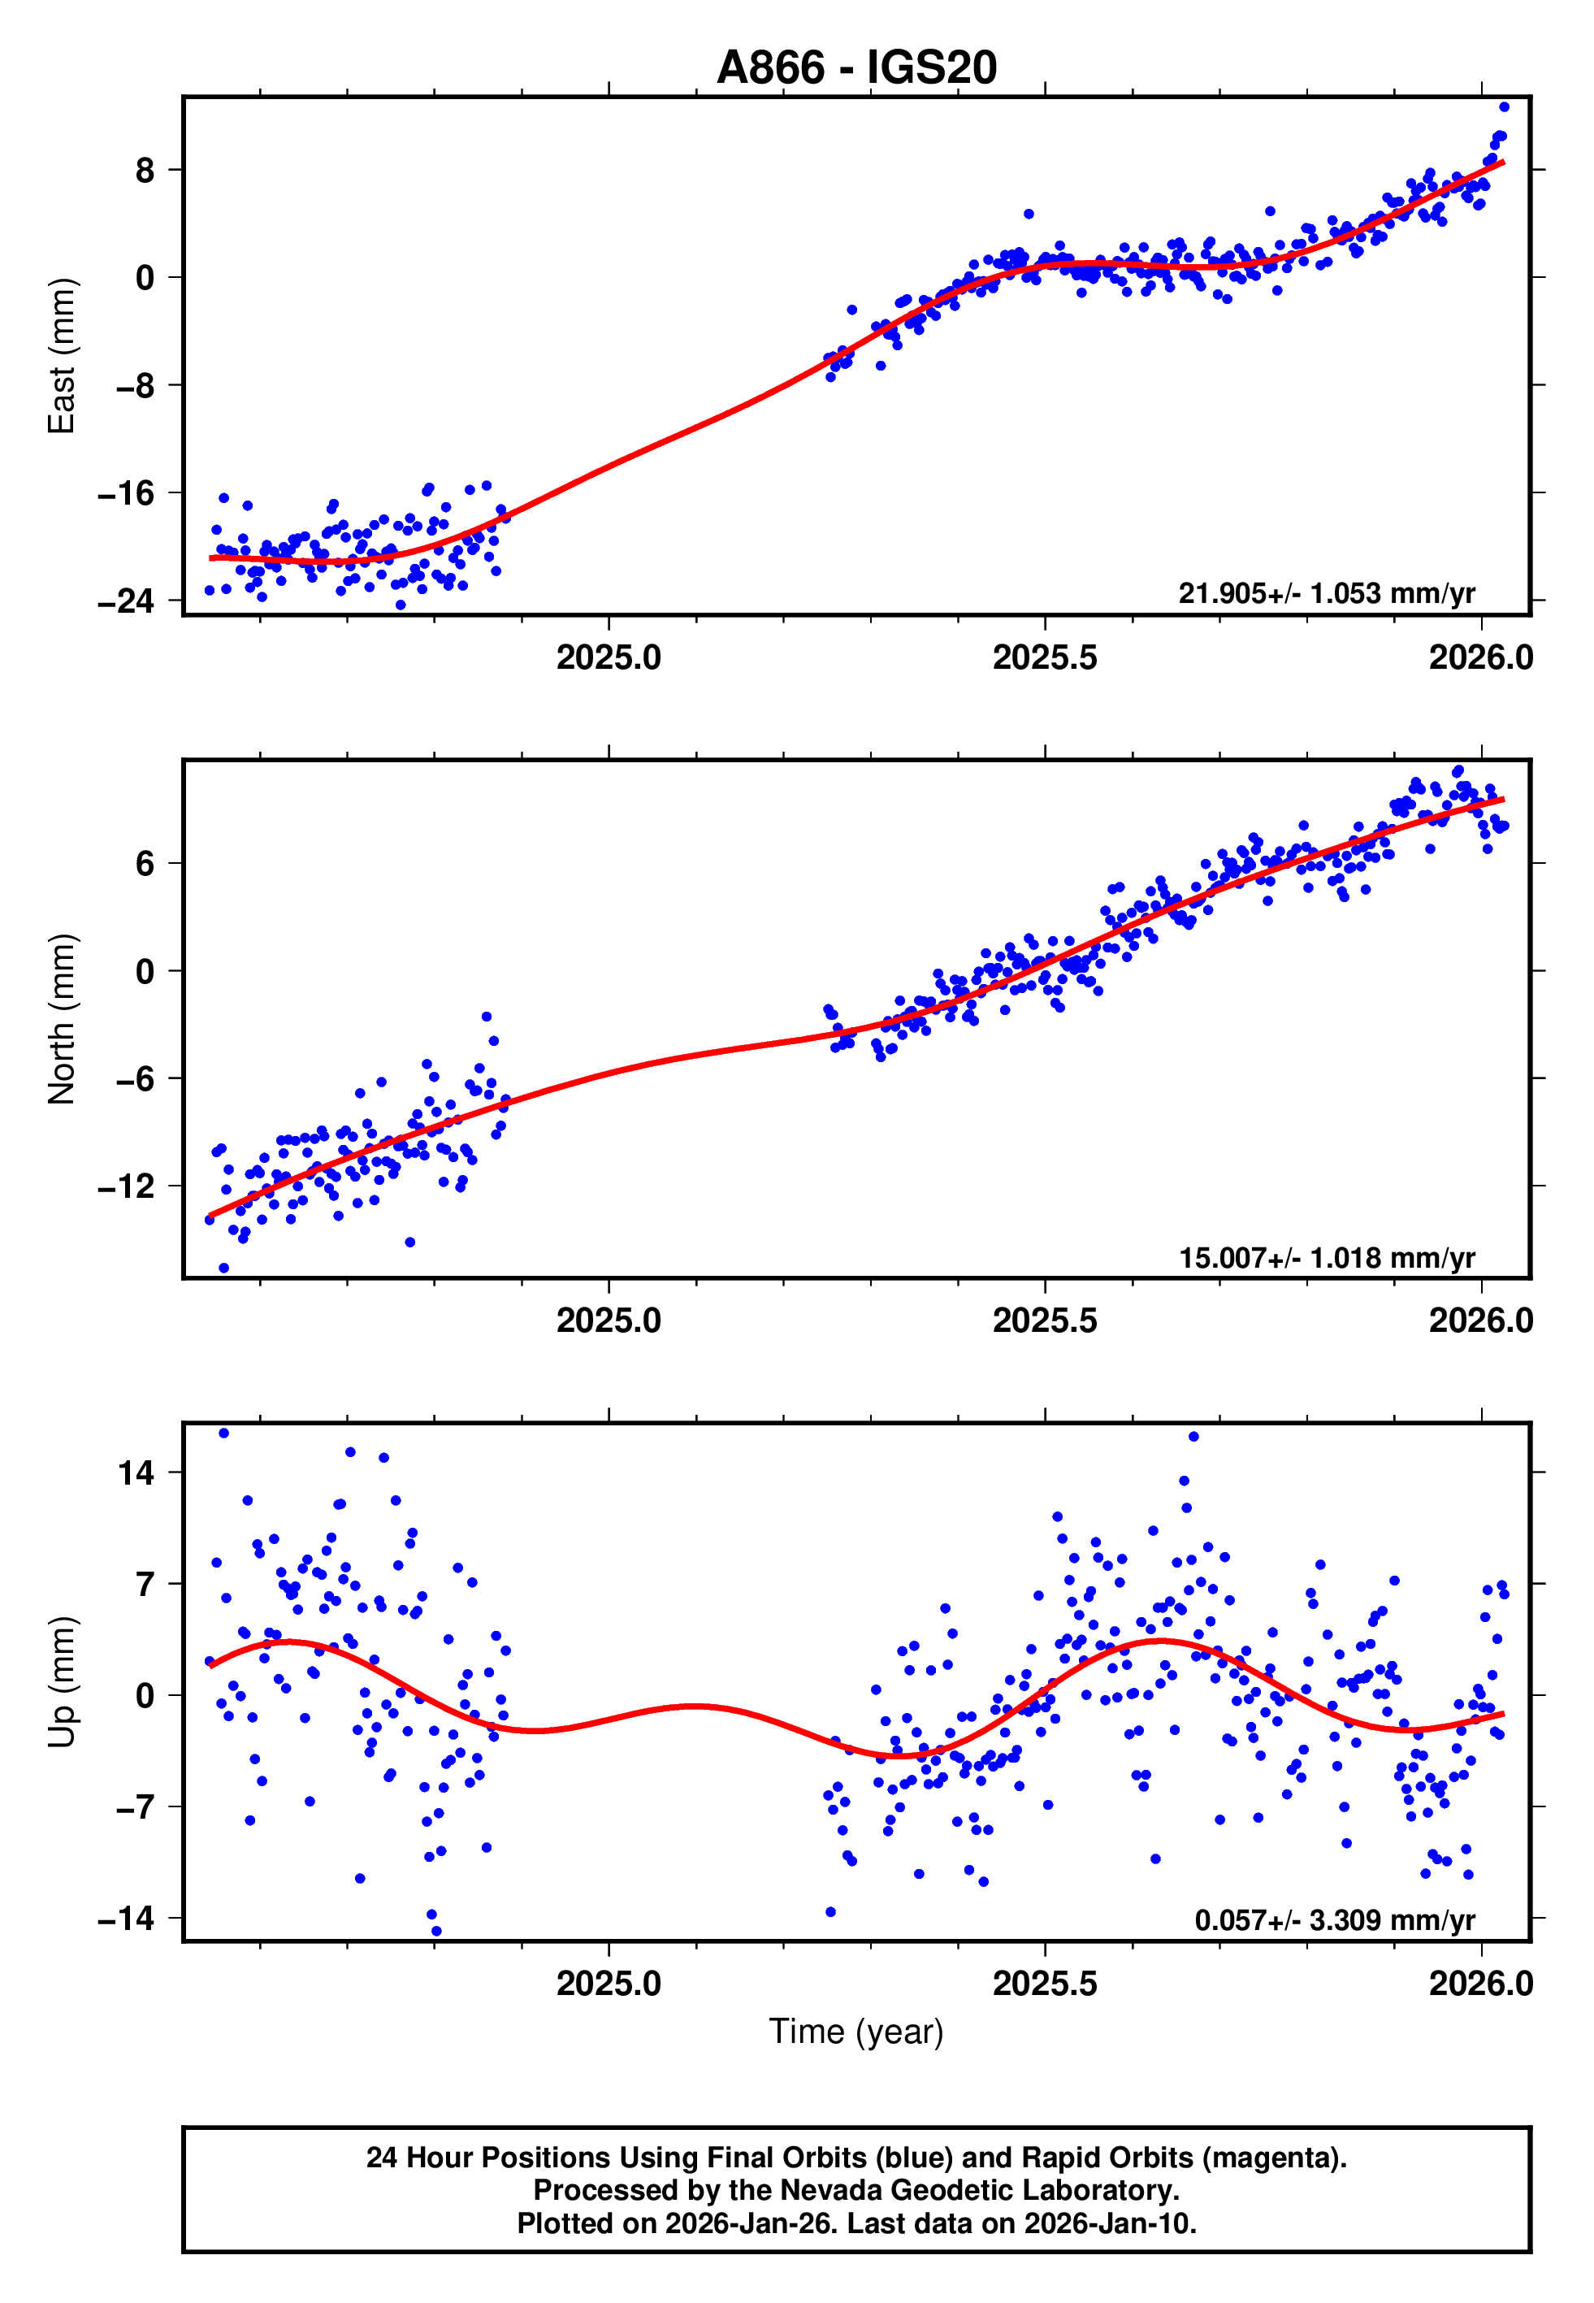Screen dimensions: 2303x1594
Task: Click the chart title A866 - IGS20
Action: pos(856,68)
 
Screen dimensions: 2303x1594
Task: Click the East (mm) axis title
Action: pos(62,356)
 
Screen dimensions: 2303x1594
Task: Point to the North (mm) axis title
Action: pos(62,1019)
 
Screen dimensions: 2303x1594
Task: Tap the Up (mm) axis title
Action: pos(62,1682)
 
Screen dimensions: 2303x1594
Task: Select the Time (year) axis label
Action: pos(856,2032)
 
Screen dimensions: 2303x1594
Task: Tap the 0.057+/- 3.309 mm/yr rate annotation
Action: pos(1333,1919)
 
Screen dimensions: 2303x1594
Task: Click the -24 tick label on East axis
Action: pos(126,601)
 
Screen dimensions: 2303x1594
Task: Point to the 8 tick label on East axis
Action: pos(145,171)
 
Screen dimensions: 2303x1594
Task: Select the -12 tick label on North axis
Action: pos(126,1186)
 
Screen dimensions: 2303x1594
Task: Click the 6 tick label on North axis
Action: pos(145,864)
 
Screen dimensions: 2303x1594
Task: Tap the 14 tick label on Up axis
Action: pos(136,1473)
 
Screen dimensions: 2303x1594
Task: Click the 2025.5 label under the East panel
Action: pos(1044,657)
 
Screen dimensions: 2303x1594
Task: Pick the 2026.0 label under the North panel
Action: pos(1480,1321)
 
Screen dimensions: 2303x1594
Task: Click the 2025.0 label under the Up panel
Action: pos(609,1984)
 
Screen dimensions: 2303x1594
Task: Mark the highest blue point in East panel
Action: pos(1504,106)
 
